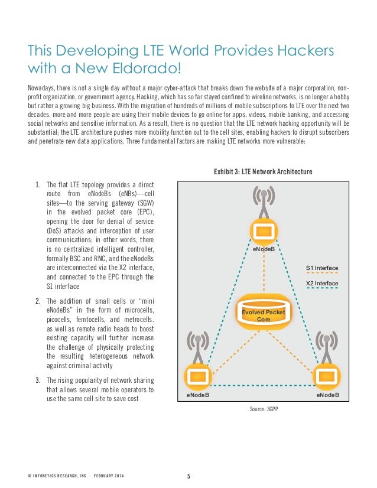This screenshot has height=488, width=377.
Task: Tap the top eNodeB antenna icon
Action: click(263, 201)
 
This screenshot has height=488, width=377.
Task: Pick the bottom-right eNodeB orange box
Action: click(327, 375)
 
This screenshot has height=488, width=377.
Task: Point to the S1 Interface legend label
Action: click(322, 268)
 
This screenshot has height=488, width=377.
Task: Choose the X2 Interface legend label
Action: click(322, 283)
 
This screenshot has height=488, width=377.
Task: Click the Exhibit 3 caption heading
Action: click(263, 172)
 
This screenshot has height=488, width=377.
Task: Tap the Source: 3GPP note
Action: click(263, 408)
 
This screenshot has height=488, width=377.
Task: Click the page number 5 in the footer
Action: click(188, 476)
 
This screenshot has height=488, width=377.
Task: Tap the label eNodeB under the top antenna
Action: click(264, 250)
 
